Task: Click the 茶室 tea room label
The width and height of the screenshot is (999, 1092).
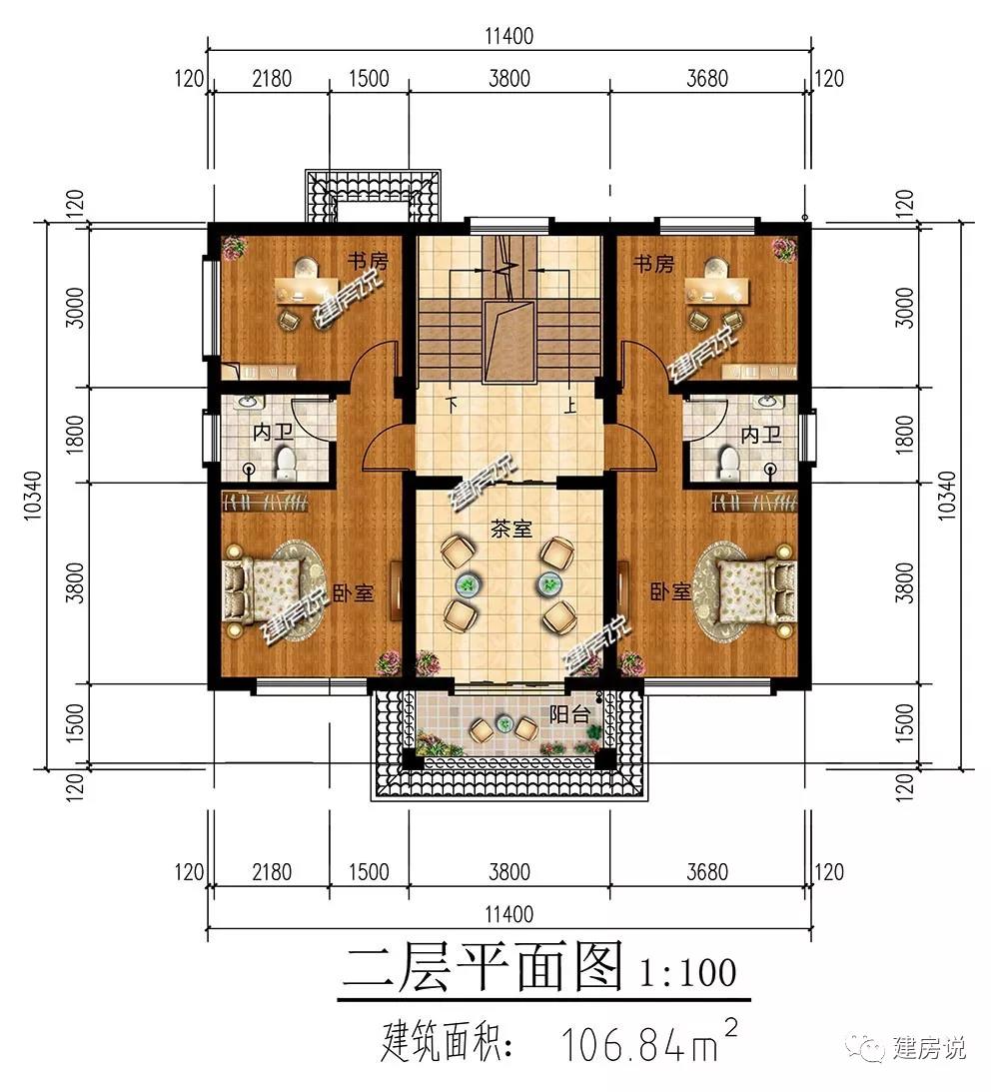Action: pos(510,530)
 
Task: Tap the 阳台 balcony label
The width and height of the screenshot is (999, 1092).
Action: pos(569,713)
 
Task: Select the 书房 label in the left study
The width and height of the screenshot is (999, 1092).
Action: pos(368,262)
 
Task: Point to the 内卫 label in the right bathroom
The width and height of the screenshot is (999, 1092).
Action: pos(761,436)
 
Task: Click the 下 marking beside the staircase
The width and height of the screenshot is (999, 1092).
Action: pos(453,404)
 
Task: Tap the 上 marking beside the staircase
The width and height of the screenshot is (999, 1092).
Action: pos(569,404)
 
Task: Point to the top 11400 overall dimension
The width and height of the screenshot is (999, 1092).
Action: pos(508,36)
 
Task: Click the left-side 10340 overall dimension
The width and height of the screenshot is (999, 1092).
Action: pos(33,496)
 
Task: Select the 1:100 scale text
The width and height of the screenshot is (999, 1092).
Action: pos(688,972)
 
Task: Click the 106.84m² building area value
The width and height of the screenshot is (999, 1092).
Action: pos(648,1041)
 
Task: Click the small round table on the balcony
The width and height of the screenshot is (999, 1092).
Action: pos(504,725)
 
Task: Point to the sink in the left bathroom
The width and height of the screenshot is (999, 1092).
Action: pos(247,403)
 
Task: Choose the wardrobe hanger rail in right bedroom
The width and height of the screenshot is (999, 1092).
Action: pos(754,502)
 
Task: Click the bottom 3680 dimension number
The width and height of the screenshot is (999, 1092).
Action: pos(707,872)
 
